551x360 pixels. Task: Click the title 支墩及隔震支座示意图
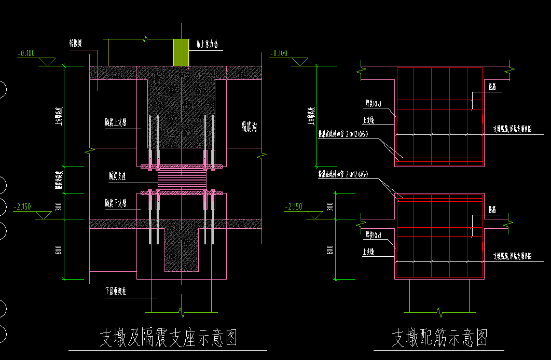pos(168,338)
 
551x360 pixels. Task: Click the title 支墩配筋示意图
pos(439,338)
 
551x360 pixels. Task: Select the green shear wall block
pos(181,52)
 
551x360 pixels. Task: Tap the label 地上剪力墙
pos(206,45)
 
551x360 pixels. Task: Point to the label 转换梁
pos(78,45)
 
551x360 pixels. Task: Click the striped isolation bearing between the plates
pos(182,180)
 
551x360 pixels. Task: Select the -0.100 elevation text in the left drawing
pos(26,53)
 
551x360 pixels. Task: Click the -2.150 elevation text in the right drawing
pos(294,206)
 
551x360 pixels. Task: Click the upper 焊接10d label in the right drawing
pos(373,104)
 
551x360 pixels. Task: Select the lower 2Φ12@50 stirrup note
pos(343,175)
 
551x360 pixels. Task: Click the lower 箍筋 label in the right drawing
pos(493,210)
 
